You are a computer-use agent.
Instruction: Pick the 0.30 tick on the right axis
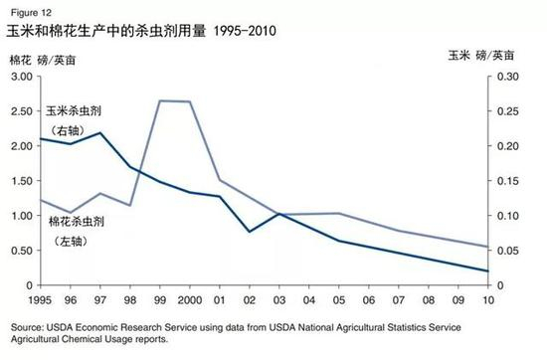(x=506, y=78)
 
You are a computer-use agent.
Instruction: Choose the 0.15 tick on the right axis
(x=506, y=181)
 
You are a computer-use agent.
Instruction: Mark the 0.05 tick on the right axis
(x=506, y=251)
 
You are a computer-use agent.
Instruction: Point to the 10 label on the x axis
(x=486, y=298)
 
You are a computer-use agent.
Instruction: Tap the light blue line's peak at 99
(x=160, y=100)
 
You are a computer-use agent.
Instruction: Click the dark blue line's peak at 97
(x=100, y=133)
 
